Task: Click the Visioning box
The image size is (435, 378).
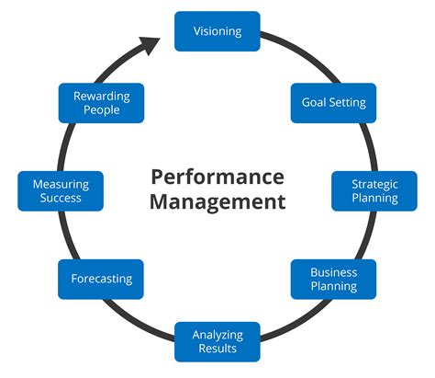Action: click(217, 31)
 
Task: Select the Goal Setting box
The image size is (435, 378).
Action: click(333, 102)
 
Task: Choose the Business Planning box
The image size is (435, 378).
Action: click(333, 279)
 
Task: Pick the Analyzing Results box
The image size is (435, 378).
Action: click(217, 341)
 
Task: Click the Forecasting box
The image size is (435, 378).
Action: click(101, 279)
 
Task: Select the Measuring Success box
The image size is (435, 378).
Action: click(61, 190)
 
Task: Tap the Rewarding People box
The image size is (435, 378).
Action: click(101, 103)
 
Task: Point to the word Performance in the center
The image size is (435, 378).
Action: click(217, 176)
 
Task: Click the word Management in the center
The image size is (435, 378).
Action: click(217, 201)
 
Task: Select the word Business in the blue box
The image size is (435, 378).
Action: click(333, 272)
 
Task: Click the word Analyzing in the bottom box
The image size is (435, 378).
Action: click(217, 335)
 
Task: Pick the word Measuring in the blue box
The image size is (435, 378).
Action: click(61, 184)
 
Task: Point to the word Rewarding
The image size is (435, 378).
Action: click(101, 97)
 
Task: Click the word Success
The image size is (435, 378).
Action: click(61, 198)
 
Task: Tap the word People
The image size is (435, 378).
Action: click(101, 110)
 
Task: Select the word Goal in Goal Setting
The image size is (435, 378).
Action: click(315, 102)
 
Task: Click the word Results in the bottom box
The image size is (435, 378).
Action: click(217, 349)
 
